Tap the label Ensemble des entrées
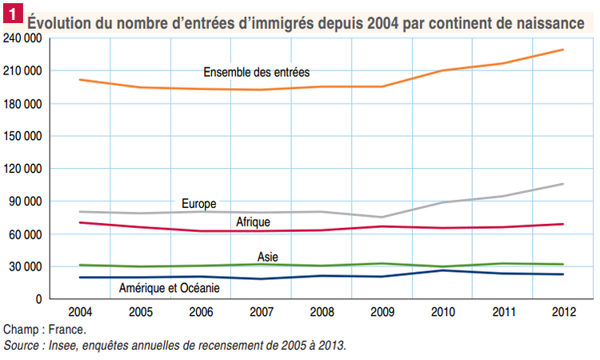tap(256, 73)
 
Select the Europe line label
tap(199, 204)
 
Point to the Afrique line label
tap(253, 222)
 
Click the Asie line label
tap(268, 257)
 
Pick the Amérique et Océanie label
tap(170, 287)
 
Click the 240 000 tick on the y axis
tap(22, 38)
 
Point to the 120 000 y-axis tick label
tap(22, 169)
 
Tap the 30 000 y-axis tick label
tap(26, 266)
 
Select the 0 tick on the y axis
tap(38, 299)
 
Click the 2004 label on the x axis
tap(79, 310)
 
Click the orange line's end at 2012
tap(563, 50)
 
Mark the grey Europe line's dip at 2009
tap(382, 217)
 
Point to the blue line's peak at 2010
tap(443, 270)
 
